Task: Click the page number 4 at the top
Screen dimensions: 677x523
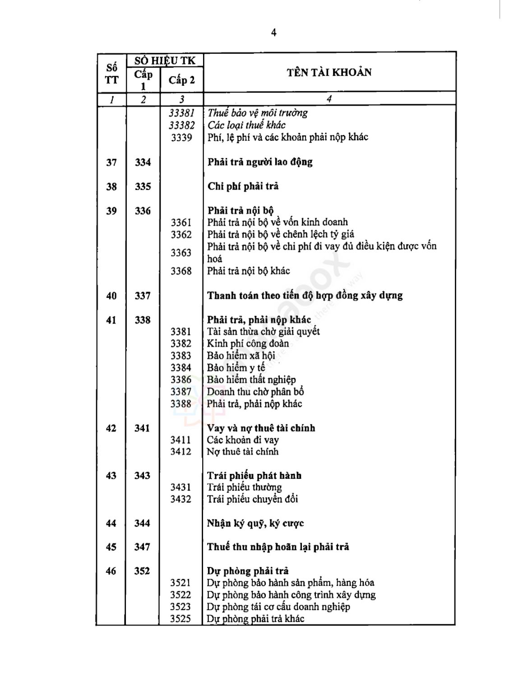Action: pyautogui.click(x=273, y=32)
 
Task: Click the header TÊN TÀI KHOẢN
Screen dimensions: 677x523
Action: pyautogui.click(x=329, y=73)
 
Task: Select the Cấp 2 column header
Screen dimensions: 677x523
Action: pyautogui.click(x=181, y=80)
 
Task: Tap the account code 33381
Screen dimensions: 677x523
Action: pyautogui.click(x=181, y=113)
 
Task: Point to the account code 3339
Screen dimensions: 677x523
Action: pyautogui.click(x=181, y=137)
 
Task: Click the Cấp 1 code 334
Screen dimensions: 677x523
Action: pyautogui.click(x=143, y=162)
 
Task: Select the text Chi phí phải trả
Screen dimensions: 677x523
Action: pyautogui.click(x=243, y=186)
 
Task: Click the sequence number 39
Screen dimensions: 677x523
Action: pyautogui.click(x=111, y=211)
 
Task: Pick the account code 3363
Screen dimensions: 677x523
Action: pyautogui.click(x=181, y=252)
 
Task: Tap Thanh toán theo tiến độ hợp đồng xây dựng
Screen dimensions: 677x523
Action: pyautogui.click(x=305, y=296)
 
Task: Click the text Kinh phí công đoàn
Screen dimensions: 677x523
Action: pyautogui.click(x=248, y=343)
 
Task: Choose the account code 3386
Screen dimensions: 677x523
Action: pyautogui.click(x=181, y=380)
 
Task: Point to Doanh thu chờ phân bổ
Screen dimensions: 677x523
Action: pyautogui.click(x=255, y=392)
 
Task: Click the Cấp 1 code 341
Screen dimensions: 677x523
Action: pyautogui.click(x=142, y=428)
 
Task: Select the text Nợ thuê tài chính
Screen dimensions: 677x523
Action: pyautogui.click(x=242, y=452)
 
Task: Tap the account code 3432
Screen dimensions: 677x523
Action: pyautogui.click(x=181, y=499)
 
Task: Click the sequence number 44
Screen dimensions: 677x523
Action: pyautogui.click(x=111, y=523)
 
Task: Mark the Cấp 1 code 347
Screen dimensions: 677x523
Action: pyautogui.click(x=142, y=547)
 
